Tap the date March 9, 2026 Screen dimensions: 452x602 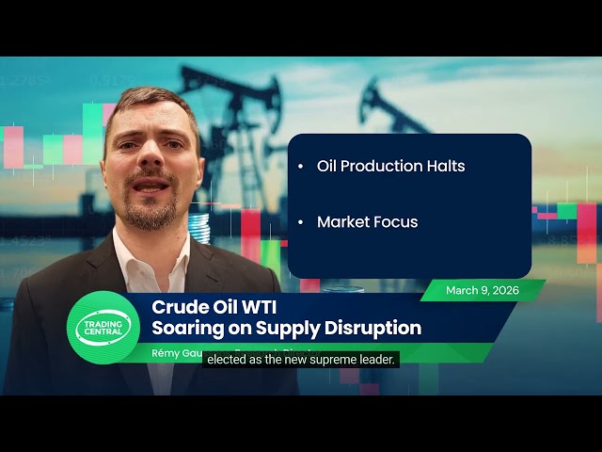[x=482, y=290]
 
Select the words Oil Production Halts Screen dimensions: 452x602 [x=390, y=166]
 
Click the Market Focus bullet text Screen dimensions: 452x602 [x=367, y=222]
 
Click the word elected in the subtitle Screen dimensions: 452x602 [x=226, y=359]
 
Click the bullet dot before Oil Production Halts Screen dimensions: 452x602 [x=300, y=167]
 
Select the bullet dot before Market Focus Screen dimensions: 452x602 [x=300, y=223]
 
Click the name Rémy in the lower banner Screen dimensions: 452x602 [x=169, y=352]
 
